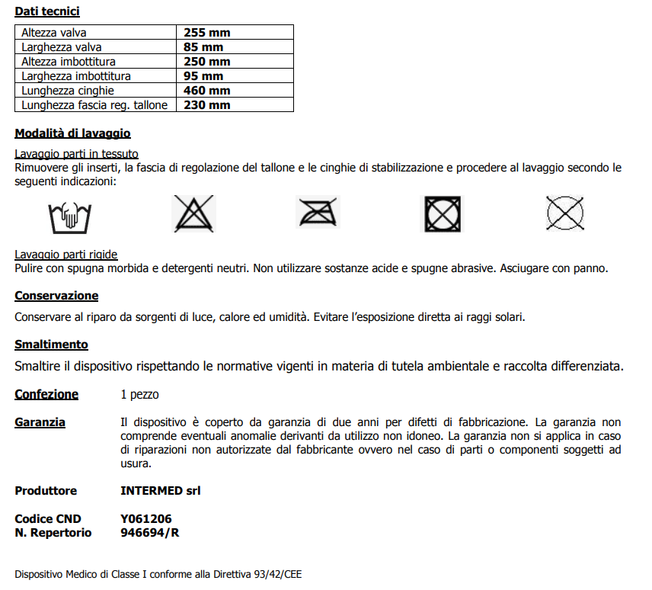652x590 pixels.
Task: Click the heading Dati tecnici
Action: [47, 11]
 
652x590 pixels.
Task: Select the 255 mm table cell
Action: [206, 33]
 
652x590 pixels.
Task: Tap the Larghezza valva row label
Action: [62, 47]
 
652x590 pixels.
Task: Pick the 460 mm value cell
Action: [206, 91]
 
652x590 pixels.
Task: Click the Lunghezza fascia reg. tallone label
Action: [94, 105]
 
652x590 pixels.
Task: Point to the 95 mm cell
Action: [203, 76]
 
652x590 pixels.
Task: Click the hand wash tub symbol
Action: [69, 216]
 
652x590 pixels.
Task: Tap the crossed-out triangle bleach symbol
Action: [194, 214]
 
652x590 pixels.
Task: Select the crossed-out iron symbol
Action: [318, 213]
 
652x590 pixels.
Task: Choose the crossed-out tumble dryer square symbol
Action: [443, 214]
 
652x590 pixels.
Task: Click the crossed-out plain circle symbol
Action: [565, 213]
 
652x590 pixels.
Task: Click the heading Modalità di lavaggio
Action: [72, 133]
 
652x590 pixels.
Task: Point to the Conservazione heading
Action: [56, 296]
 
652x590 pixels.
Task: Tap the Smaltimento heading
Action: [51, 345]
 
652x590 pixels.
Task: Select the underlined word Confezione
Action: [46, 394]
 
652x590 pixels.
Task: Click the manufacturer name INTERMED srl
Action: [161, 490]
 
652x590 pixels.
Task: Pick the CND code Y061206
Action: [146, 519]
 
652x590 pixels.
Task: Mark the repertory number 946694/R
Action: [150, 533]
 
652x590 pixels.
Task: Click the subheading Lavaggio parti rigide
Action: [66, 255]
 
